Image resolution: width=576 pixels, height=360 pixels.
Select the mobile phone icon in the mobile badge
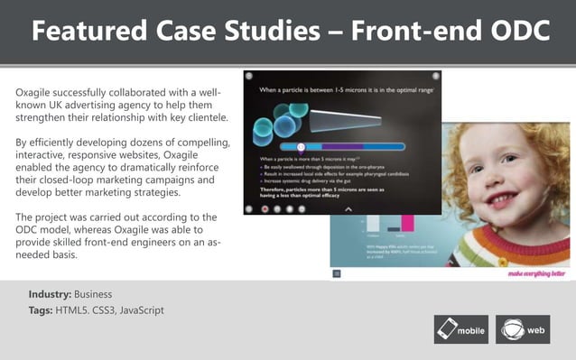coord(446,329)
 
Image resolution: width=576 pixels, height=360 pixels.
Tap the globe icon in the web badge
coord(511,329)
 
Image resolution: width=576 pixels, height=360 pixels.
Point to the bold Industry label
coord(50,294)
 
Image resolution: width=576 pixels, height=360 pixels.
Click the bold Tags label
coord(40,310)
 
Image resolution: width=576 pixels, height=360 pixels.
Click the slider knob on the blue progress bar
coord(301,146)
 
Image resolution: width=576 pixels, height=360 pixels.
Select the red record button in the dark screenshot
coord(265,208)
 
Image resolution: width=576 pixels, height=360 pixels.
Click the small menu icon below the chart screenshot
coord(337,272)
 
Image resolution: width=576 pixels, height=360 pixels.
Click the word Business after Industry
coord(93,294)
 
